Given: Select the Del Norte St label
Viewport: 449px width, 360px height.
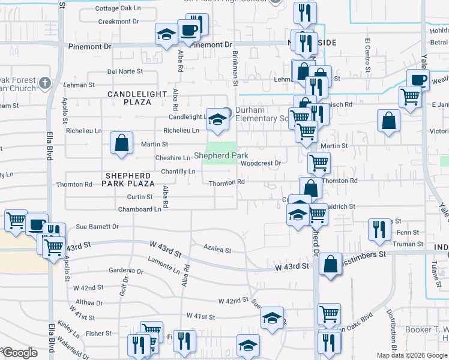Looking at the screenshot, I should [124, 71].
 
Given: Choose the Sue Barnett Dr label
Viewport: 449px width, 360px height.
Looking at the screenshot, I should [97, 227].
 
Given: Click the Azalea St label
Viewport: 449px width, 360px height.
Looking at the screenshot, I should [217, 248].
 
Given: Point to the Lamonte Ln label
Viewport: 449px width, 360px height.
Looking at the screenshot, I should [163, 262].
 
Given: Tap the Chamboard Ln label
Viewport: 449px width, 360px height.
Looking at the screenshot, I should [140, 209].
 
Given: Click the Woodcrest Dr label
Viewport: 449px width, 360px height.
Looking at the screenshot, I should [261, 163].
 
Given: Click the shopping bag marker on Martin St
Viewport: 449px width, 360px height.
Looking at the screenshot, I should [121, 143].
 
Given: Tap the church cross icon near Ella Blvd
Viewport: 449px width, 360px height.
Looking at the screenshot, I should [45, 82].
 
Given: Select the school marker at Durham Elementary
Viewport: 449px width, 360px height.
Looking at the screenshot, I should [215, 119].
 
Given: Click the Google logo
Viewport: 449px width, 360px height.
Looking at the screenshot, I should [21, 353].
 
